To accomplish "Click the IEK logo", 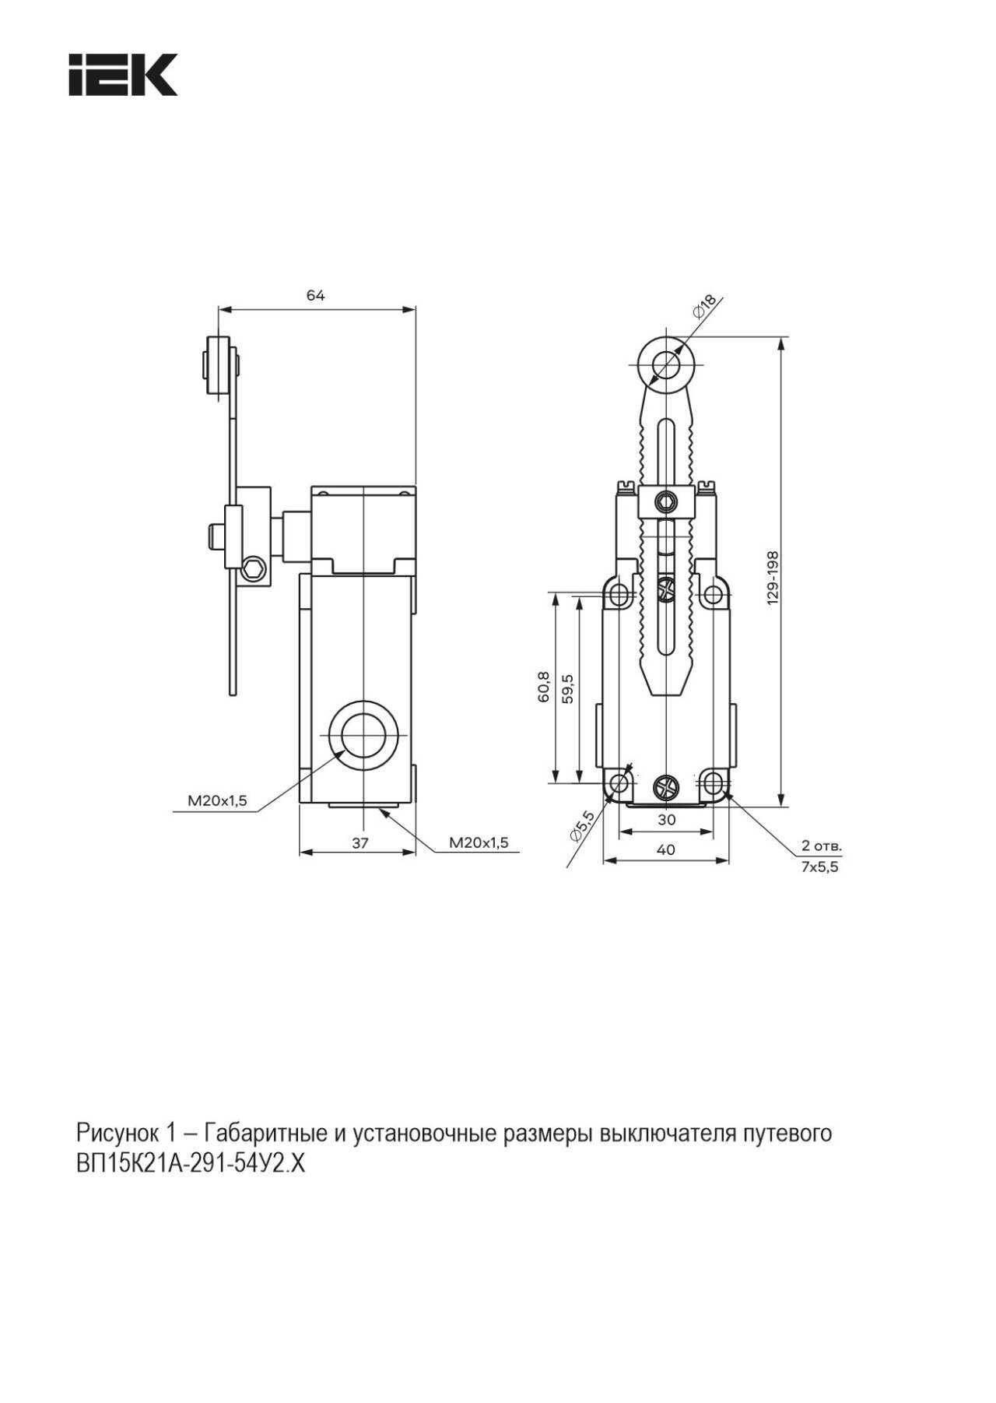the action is pos(123,75).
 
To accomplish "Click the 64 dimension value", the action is pos(315,295).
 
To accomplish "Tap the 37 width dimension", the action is pos(359,842).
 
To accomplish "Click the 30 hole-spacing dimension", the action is pos(666,819).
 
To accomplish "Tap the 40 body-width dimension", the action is pos(666,849).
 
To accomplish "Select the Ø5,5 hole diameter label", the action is pos(582,826).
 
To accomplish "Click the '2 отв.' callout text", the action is pos(822,846).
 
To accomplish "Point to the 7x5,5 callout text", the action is pos(820,867).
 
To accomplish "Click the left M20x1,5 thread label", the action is pos(217,800).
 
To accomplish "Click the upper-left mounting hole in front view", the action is pos(619,596).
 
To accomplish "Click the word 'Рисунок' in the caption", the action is pos(114,1134).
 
